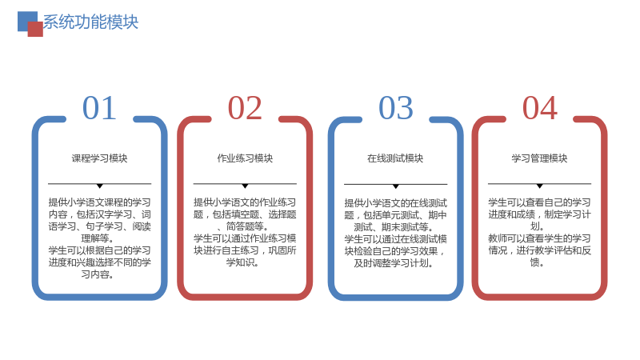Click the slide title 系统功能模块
[x=90, y=22]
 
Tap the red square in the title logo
[x=35, y=29]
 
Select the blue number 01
[x=99, y=108]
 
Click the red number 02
[x=245, y=108]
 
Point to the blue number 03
[x=396, y=108]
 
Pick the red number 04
[x=540, y=108]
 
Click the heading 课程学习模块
[x=99, y=158]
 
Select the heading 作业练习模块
[x=245, y=158]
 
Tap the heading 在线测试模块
[x=395, y=158]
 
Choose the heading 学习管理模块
[x=539, y=158]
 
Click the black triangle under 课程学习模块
[x=99, y=186]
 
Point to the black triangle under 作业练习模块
[x=245, y=186]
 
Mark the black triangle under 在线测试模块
[x=395, y=186]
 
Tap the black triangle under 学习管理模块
[x=539, y=186]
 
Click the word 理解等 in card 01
[x=95, y=238]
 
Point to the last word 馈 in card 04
[x=534, y=262]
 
